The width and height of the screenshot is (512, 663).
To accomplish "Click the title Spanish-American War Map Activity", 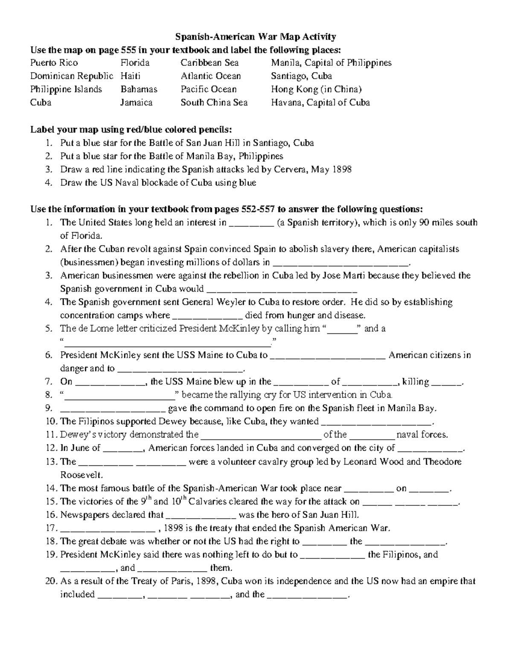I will point(256,37).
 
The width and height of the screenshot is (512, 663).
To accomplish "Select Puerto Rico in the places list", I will point(54,63).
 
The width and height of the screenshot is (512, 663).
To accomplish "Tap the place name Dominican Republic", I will point(71,76).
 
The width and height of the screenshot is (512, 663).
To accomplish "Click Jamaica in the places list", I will point(136,103).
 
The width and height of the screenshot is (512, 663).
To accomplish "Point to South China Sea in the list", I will point(214,103).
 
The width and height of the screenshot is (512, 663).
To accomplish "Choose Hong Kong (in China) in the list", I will point(316,90).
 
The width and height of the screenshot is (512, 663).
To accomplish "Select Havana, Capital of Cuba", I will point(320,103).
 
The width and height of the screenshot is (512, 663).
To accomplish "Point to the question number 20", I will point(51,581).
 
